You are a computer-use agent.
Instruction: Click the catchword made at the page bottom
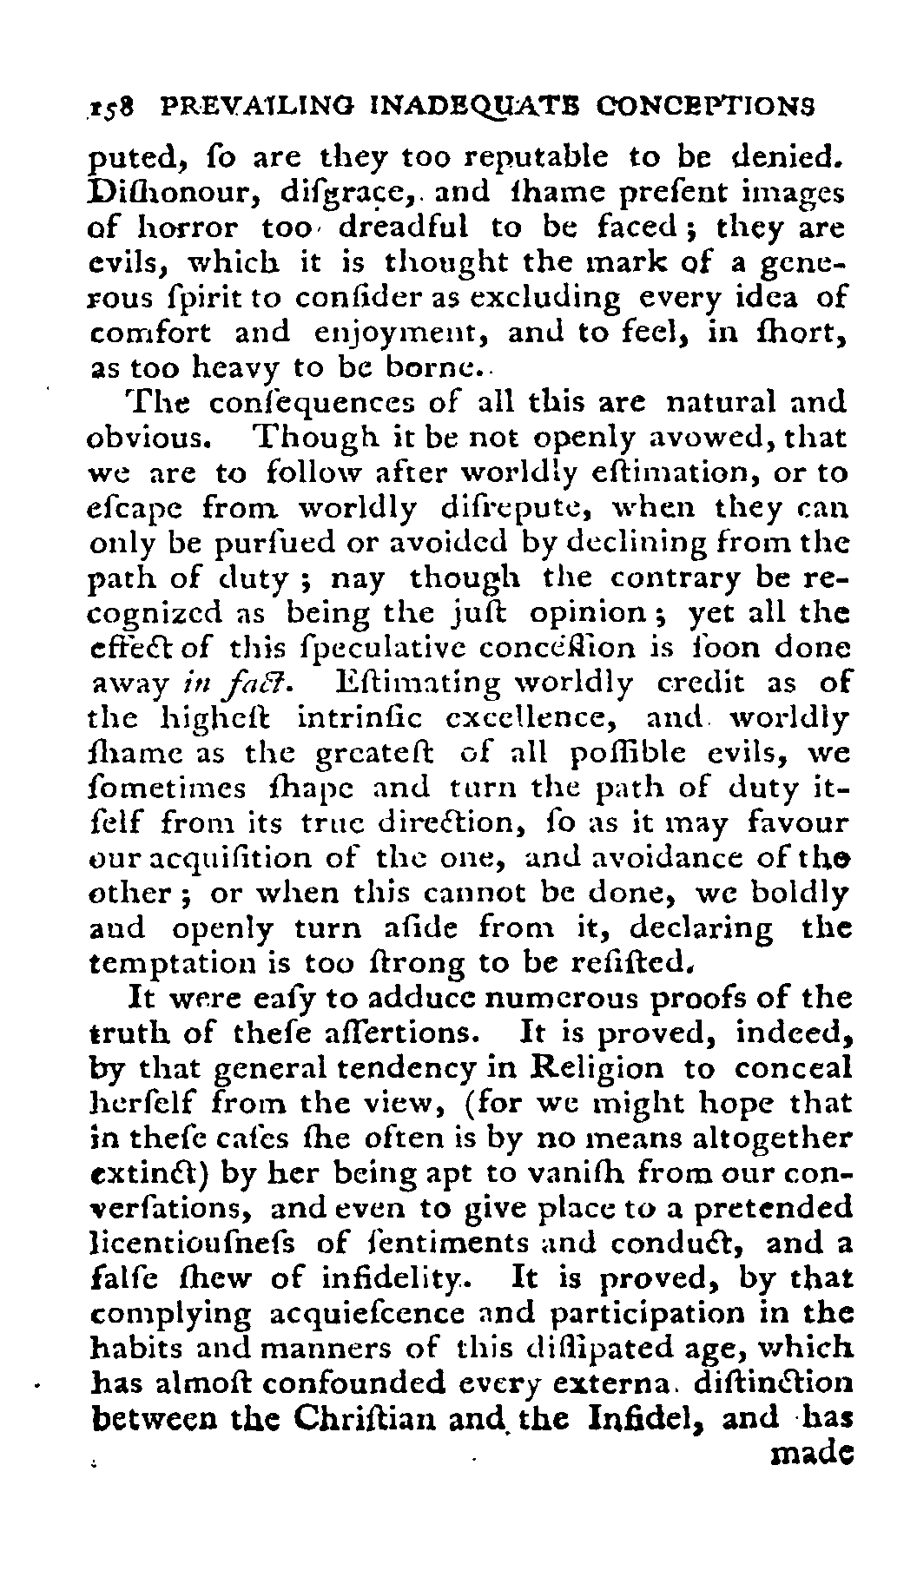coord(811,1453)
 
